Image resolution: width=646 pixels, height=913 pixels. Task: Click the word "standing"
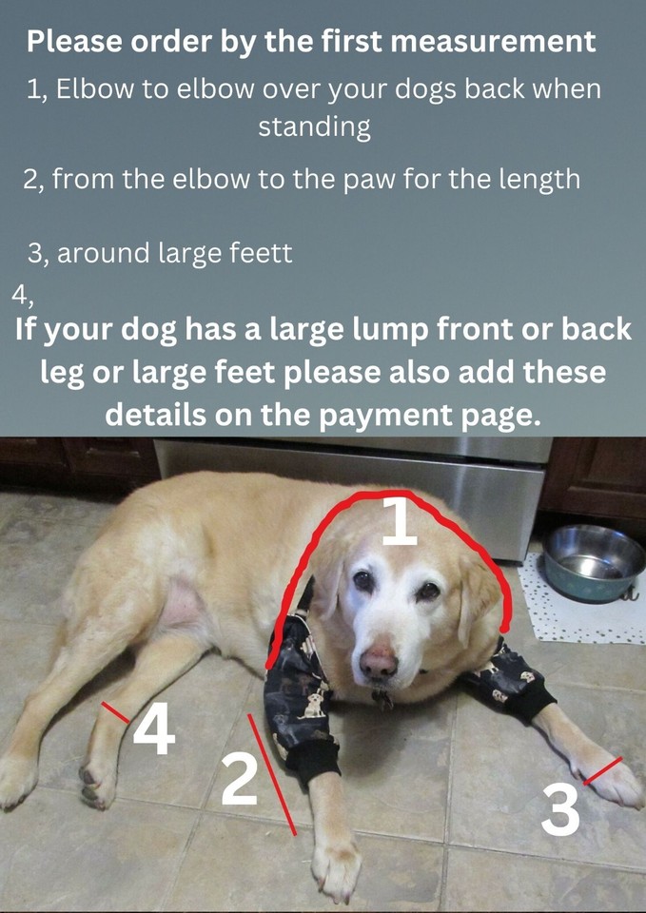pyautogui.click(x=314, y=126)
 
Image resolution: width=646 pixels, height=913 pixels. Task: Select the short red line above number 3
pyautogui.click(x=603, y=770)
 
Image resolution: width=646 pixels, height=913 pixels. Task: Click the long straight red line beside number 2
pyautogui.click(x=272, y=775)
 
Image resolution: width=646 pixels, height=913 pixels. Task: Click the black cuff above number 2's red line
pyautogui.click(x=310, y=760)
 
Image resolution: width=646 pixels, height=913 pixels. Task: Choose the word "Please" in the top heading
pyautogui.click(x=74, y=42)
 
